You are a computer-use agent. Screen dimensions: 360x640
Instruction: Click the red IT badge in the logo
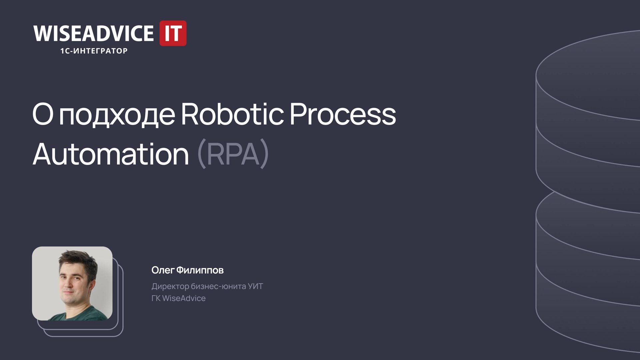[x=173, y=33]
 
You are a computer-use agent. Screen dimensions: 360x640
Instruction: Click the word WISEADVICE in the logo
[x=93, y=33]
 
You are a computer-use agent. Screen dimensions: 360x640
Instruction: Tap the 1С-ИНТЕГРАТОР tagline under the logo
[x=94, y=51]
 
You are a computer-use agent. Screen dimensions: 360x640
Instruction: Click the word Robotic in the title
[x=232, y=114]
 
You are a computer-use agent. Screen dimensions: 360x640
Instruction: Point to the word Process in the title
[x=343, y=114]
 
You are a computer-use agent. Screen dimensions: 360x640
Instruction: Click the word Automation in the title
[x=111, y=154]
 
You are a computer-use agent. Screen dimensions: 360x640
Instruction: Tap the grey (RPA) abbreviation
[x=233, y=154]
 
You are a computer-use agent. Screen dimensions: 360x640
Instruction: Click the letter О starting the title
[x=43, y=114]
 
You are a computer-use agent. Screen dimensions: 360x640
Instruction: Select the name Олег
[x=163, y=270]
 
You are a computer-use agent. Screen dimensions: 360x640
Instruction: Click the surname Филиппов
[x=200, y=270]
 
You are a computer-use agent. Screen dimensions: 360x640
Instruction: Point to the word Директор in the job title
[x=170, y=286]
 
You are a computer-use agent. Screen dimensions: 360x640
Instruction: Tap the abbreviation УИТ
[x=255, y=286]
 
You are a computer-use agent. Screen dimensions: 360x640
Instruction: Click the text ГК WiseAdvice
[x=178, y=298]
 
